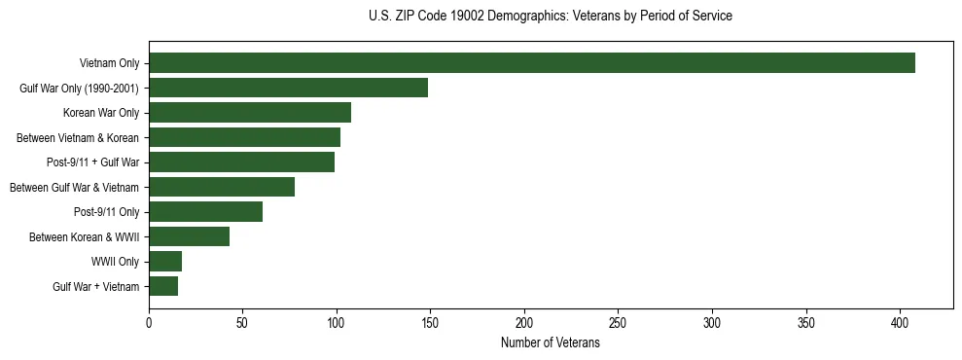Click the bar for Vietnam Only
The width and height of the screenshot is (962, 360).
(531, 63)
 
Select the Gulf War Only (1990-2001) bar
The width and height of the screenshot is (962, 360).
(288, 89)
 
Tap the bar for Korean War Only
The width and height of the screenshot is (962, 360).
(250, 113)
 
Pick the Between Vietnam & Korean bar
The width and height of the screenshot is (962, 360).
(244, 137)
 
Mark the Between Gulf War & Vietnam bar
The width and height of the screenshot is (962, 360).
(222, 187)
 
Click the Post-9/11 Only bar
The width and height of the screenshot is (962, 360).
(205, 212)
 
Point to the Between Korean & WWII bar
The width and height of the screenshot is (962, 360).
(189, 236)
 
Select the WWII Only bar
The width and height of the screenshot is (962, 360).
(165, 262)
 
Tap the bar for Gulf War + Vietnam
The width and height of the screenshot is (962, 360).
(163, 286)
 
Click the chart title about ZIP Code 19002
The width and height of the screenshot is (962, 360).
(551, 17)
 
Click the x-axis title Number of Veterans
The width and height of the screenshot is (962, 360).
(550, 343)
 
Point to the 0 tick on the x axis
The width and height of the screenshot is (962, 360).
(149, 322)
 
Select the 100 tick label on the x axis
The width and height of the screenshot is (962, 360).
(337, 322)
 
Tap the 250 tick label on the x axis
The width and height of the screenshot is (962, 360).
(619, 322)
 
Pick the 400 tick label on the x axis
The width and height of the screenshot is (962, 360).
(901, 322)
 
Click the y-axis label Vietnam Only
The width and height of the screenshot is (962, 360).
(109, 64)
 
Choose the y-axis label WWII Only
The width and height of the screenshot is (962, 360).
(116, 262)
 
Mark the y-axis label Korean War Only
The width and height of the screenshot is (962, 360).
(102, 114)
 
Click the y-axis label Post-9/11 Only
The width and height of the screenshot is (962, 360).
(106, 212)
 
